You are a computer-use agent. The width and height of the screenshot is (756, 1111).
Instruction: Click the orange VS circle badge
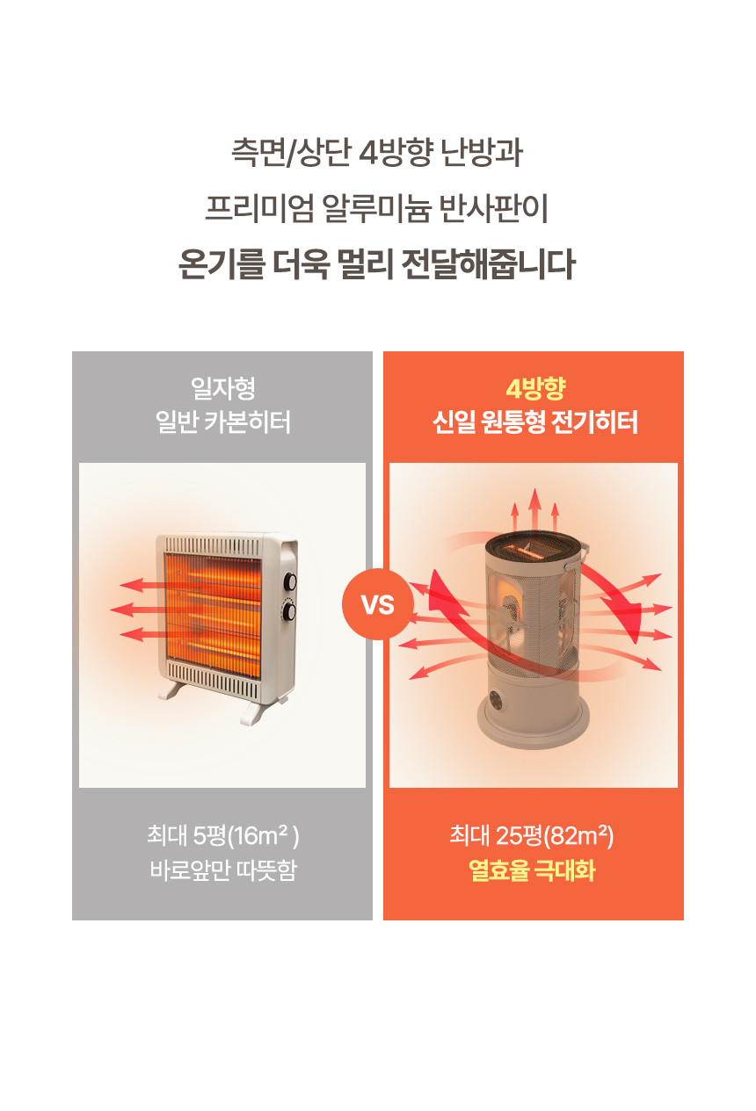(378, 604)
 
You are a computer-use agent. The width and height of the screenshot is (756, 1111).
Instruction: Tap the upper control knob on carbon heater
(290, 581)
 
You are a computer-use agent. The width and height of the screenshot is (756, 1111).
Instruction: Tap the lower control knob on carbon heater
(289, 611)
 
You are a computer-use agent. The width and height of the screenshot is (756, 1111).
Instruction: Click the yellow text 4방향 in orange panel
(535, 388)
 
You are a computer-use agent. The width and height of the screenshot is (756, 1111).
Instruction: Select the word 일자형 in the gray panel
(223, 388)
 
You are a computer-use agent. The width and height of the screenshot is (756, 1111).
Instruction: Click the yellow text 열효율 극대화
(532, 870)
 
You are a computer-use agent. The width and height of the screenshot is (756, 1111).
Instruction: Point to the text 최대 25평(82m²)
(532, 836)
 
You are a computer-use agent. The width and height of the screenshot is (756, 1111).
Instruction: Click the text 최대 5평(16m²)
(223, 836)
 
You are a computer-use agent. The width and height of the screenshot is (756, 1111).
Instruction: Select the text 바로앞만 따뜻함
(223, 870)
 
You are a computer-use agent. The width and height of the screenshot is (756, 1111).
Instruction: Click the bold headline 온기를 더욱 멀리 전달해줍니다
(377, 263)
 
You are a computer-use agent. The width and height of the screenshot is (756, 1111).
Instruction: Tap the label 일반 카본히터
(223, 422)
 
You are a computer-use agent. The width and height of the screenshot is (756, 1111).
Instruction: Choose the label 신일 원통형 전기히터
(535, 422)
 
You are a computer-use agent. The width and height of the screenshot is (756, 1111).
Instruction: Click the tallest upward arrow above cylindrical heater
(534, 509)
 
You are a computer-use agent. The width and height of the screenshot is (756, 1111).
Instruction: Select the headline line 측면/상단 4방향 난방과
(377, 152)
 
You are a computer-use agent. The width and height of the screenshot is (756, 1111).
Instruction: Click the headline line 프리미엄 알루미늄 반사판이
(377, 208)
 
